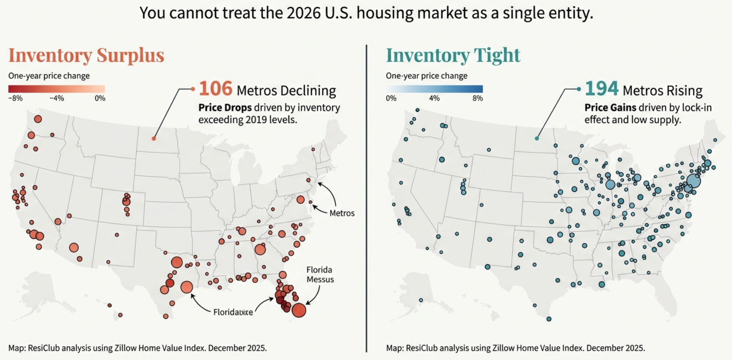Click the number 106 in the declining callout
coord(215,89)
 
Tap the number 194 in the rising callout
coord(601,89)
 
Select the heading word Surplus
coord(130,56)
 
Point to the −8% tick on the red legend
coord(15,99)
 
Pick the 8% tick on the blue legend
coord(478,99)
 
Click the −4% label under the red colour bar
coord(57,99)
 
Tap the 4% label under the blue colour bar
coord(434,99)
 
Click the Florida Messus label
coord(320,275)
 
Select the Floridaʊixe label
coord(233,312)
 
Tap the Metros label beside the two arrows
coord(342,213)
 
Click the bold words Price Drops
coord(225,108)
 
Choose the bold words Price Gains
coord(610,108)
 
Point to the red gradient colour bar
coord(57,89)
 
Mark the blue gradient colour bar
coord(434,89)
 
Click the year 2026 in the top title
coord(303,13)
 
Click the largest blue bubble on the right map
coord(693,181)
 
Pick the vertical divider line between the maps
coord(366,198)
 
